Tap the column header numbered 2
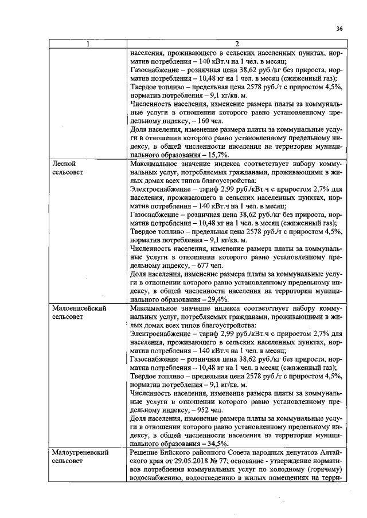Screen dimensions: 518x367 tap(236, 45)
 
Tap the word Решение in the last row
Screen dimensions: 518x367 tap(145, 452)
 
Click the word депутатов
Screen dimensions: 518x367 tap(299, 452)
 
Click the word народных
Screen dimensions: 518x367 tap(264, 452)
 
